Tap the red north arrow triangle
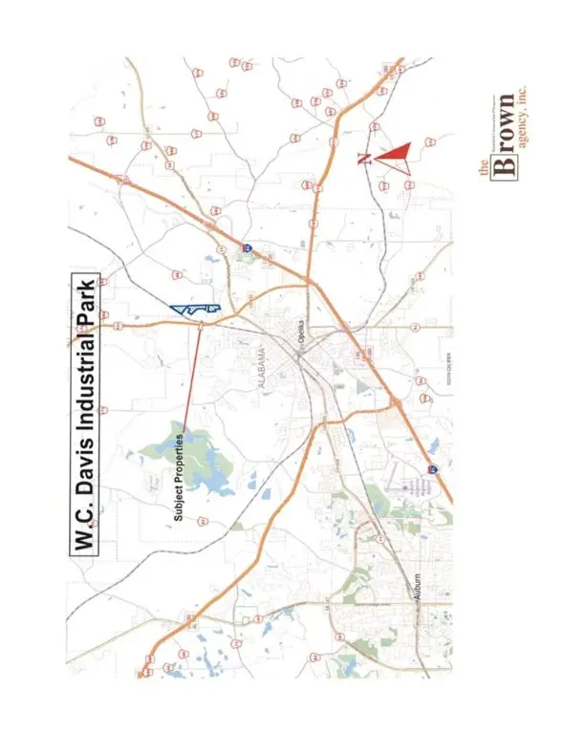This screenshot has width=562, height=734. pos(391,154)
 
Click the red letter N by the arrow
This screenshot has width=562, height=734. pos(364,158)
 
